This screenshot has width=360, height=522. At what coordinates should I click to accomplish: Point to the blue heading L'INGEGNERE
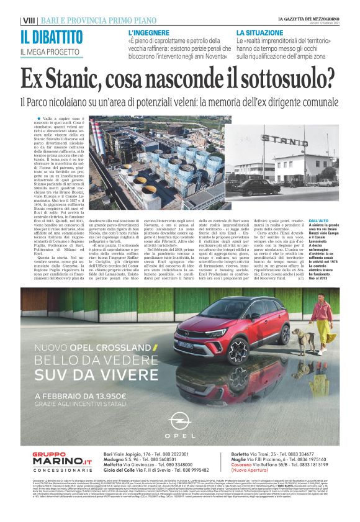click(x=149, y=31)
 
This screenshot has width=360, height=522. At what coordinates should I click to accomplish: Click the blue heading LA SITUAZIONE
click(x=258, y=31)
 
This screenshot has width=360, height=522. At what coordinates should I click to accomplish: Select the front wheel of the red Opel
click(x=239, y=350)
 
